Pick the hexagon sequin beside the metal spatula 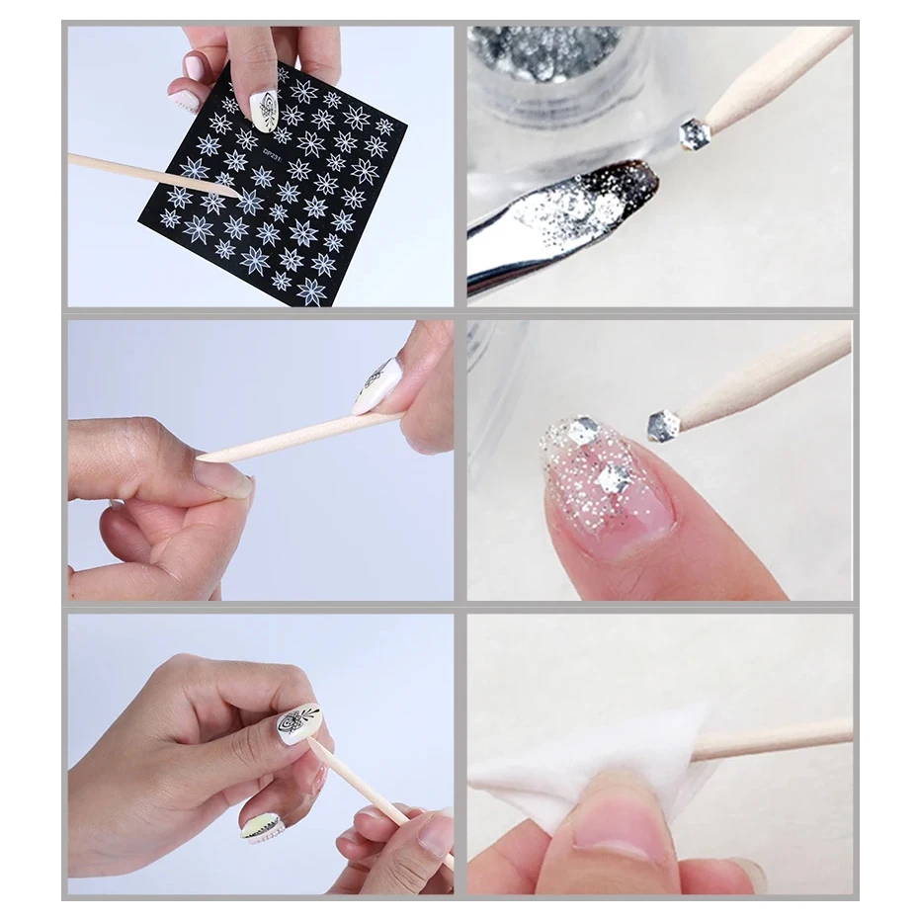(x=695, y=134)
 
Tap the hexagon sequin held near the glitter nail (x=663, y=425)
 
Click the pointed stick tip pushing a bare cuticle (x=204, y=459)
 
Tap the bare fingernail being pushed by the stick (x=223, y=478)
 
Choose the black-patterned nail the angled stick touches (x=298, y=723)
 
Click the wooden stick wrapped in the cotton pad (x=771, y=739)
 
